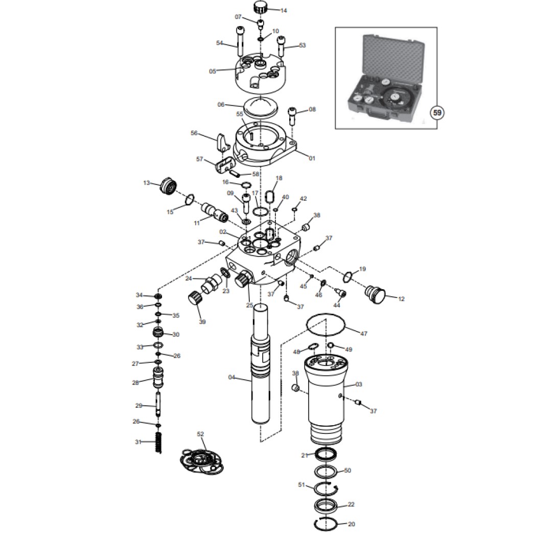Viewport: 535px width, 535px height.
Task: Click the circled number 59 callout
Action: [437, 112]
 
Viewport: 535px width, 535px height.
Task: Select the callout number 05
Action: [213, 72]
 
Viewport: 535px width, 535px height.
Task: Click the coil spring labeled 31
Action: [158, 443]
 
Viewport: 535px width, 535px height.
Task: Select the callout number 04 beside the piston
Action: [231, 377]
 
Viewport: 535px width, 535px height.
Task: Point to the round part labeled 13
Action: [168, 187]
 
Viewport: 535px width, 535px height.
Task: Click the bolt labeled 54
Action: [240, 40]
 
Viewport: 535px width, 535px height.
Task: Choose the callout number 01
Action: [312, 158]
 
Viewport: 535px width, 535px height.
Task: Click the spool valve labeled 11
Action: [215, 212]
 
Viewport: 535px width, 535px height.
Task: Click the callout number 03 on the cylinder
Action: [359, 384]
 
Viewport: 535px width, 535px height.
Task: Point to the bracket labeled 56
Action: [222, 143]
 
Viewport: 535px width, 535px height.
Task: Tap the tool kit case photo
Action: [386, 78]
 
